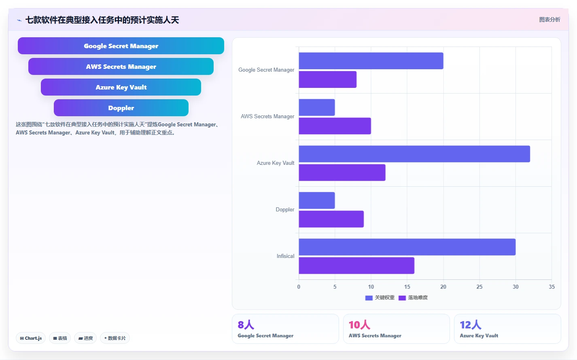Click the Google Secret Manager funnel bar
(x=121, y=46)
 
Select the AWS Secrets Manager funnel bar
(x=121, y=66)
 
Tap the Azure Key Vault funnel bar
(x=121, y=87)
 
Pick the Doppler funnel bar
(x=121, y=108)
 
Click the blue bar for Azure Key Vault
(x=414, y=154)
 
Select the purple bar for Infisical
(x=356, y=265)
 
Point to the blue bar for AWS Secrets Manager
(x=317, y=107)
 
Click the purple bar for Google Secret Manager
(x=328, y=79)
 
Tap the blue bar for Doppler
(x=317, y=200)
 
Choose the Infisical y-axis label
(x=285, y=256)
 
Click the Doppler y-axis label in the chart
(x=284, y=209)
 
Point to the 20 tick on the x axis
(x=443, y=287)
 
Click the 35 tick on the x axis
(x=552, y=287)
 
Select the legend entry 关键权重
(x=380, y=298)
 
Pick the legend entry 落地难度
(x=413, y=298)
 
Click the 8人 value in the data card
(x=246, y=325)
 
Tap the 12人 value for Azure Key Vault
(x=471, y=325)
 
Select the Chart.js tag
(x=31, y=338)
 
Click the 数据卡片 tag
(x=115, y=338)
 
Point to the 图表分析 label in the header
(x=550, y=19)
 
